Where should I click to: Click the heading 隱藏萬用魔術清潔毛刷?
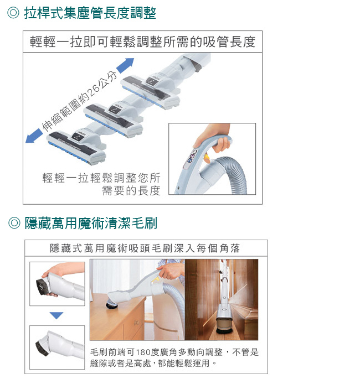coord(91,223)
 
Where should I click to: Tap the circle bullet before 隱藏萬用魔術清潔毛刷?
coord(14,223)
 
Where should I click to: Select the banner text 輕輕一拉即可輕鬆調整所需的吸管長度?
coord(142,41)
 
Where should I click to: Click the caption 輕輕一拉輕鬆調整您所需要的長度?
coord(101,184)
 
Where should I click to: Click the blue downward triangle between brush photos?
coord(56,315)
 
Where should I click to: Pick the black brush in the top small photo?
coord(42,286)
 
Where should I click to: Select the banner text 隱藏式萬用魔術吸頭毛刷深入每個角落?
coord(145,248)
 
